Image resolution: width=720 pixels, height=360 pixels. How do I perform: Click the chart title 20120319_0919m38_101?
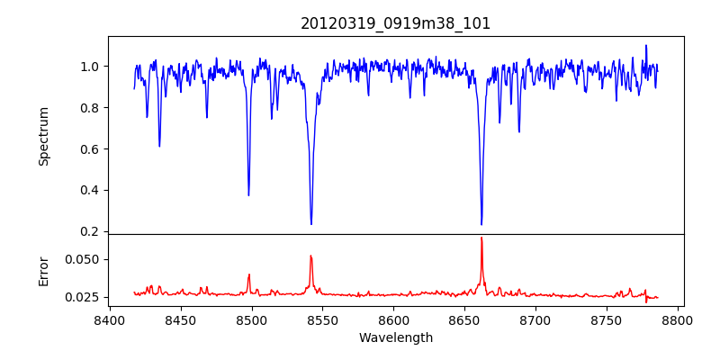396,23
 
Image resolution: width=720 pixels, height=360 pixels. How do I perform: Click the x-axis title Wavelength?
396,338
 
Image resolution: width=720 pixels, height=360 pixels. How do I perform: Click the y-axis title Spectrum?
43,136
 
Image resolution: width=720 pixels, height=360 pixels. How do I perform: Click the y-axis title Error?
43,270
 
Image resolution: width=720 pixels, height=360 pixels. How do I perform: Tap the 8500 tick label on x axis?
251,320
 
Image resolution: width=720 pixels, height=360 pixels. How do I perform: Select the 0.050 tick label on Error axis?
84,259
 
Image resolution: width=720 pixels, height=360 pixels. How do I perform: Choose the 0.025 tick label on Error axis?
84,297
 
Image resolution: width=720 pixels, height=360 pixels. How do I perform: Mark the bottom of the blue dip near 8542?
311,224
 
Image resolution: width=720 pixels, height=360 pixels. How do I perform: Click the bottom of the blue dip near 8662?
481,224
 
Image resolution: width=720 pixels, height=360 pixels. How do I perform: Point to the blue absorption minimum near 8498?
248,195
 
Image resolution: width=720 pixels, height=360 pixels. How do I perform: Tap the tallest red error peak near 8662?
481,238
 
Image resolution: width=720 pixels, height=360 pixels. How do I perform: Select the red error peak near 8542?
310,256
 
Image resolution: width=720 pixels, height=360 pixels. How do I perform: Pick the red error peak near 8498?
249,274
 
